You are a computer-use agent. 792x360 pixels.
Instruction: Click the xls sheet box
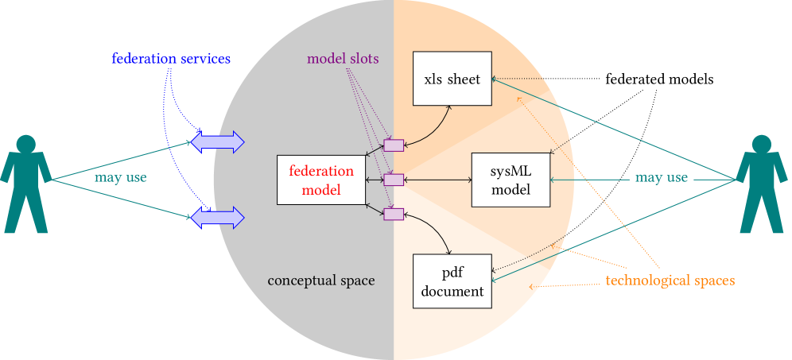452,78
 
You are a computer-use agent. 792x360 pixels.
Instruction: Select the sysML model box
511,180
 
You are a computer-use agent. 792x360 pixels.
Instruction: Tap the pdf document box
452,281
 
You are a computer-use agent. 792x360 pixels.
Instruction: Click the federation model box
321,180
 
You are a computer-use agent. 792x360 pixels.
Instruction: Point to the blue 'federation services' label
171,59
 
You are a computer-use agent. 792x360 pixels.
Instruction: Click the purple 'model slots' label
343,59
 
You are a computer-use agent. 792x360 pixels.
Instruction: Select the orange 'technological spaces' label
670,281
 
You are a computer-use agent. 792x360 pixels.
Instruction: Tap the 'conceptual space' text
321,281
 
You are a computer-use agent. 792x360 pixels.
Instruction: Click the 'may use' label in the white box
662,178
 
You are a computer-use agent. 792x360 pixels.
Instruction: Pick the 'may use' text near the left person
120,177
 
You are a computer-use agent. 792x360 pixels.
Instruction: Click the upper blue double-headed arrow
217,142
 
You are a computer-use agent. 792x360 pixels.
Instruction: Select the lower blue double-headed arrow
217,216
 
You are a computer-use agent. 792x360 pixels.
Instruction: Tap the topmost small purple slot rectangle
394,145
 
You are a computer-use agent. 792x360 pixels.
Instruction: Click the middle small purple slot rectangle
394,180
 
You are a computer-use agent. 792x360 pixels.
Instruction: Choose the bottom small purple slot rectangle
394,214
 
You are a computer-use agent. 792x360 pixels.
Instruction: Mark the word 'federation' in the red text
321,171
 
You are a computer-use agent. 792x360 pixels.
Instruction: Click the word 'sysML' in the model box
511,171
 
